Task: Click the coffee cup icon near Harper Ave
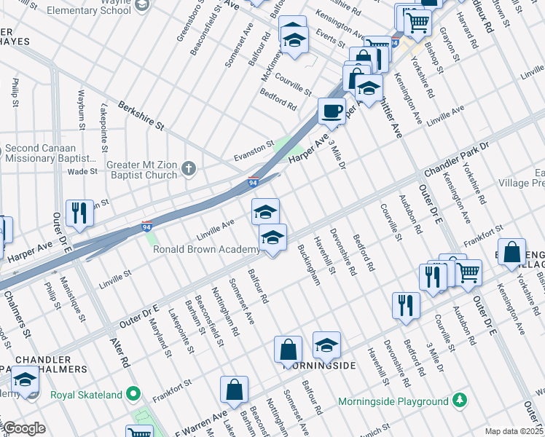pos(332,111)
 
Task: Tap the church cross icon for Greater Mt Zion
pos(189,169)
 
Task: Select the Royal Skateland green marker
pos(133,395)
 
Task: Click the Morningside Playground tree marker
pos(460,401)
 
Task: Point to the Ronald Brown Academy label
pos(205,250)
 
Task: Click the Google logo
pos(23,428)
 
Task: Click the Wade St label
pos(82,171)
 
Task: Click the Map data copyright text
pos(514,431)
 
